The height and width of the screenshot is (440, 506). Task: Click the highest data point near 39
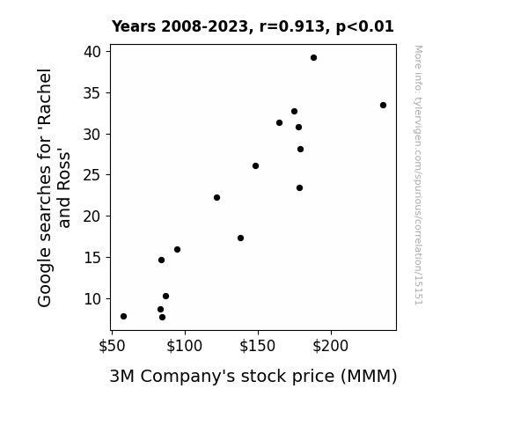[x=313, y=58]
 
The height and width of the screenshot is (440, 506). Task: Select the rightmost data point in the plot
[x=383, y=106]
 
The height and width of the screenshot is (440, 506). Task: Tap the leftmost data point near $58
[x=123, y=317]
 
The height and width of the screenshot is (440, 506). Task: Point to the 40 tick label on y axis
[x=92, y=52]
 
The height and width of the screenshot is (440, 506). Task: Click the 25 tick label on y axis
[x=92, y=175]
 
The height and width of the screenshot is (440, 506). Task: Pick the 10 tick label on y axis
[x=92, y=299]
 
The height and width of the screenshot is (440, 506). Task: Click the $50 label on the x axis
[x=112, y=346]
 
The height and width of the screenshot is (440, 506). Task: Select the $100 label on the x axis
[x=184, y=346]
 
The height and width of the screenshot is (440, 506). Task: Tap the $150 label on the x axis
[x=258, y=346]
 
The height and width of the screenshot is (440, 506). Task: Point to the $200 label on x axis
[x=331, y=346]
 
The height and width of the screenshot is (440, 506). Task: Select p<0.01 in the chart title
[x=365, y=27]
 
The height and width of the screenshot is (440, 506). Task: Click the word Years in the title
[x=134, y=26]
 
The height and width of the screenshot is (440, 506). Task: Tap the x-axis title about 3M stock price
[x=253, y=377]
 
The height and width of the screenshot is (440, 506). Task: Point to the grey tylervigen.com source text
[x=419, y=175]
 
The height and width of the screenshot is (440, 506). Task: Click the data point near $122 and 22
[x=216, y=198]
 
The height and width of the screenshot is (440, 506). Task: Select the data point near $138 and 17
[x=240, y=238]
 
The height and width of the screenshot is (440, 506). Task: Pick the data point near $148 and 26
[x=255, y=166]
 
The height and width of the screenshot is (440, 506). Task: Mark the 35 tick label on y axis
[x=92, y=93]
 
